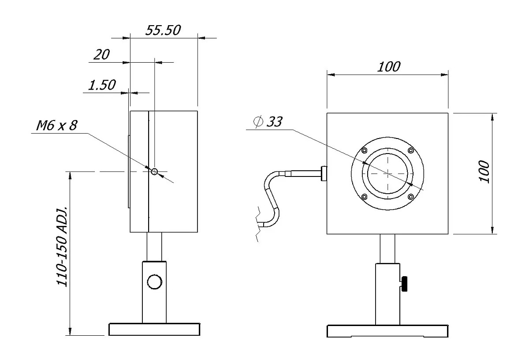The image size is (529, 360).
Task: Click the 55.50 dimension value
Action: click(163, 30)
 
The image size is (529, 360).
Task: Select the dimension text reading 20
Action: click(102, 55)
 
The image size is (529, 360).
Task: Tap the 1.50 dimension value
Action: click(102, 85)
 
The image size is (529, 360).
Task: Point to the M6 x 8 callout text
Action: click(56, 126)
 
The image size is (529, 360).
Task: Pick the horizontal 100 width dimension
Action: click(389, 67)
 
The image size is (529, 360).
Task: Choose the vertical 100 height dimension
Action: click(484, 172)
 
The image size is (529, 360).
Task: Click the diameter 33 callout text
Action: click(268, 122)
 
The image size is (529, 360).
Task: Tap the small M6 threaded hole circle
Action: click(154, 172)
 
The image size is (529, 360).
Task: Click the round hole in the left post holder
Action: click(154, 281)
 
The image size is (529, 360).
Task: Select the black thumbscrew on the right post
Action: click(405, 284)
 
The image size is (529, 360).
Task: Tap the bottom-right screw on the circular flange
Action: click(411, 197)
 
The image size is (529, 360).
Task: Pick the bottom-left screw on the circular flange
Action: click(364, 197)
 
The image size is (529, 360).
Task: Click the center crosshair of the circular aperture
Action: click(387, 173)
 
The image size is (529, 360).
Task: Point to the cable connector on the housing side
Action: click(324, 173)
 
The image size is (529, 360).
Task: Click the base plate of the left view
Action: click(155, 330)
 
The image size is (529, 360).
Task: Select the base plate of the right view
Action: click(387, 331)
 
